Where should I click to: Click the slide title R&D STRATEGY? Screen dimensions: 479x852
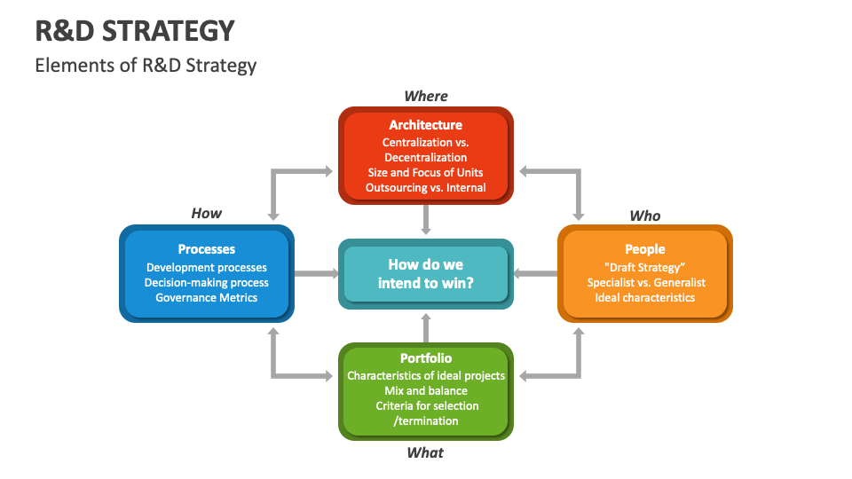(135, 31)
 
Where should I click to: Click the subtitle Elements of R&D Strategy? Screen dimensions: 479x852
(146, 66)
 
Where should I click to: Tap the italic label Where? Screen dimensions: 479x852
(426, 96)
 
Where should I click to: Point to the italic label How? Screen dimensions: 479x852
(207, 214)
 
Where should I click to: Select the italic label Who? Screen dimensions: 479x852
(645, 216)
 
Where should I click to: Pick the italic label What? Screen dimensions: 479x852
(425, 452)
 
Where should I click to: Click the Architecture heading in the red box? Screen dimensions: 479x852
(426, 125)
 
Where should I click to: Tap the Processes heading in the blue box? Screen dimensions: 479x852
(206, 249)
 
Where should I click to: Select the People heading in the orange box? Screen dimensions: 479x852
(645, 249)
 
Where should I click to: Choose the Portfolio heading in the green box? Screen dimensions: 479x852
(426, 358)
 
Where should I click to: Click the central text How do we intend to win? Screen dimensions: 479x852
(426, 274)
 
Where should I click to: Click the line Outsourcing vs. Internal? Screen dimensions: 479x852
(426, 188)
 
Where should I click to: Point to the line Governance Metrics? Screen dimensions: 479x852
(207, 298)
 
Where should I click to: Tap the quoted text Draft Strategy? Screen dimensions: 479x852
(645, 267)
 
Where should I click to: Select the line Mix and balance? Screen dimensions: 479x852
(426, 390)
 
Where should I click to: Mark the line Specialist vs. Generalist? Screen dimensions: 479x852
(645, 282)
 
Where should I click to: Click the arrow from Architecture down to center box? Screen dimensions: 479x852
(426, 219)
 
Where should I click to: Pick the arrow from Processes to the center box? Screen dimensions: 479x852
(316, 274)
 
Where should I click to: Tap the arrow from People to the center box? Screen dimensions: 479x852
(535, 274)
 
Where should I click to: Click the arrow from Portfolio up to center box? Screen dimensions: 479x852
(426, 327)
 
